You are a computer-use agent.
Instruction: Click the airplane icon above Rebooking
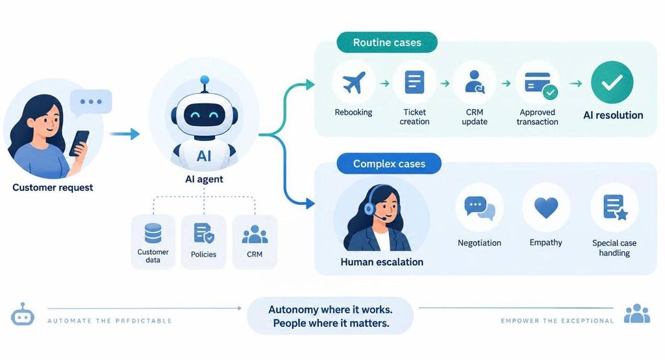354,83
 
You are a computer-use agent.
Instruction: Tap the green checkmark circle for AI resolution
612,83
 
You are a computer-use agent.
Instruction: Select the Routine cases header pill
387,42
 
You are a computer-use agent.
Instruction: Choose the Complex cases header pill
389,164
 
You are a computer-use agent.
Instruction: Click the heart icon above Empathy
546,207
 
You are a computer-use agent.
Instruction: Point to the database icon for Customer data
153,233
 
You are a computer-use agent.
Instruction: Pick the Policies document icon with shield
203,233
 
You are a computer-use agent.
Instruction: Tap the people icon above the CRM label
255,235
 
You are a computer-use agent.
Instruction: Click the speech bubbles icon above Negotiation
480,208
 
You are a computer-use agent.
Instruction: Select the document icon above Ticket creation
414,82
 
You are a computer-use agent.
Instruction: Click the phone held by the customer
79,143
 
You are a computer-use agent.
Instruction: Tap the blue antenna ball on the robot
205,79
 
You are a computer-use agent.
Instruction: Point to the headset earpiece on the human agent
369,208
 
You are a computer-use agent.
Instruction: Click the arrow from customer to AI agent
124,134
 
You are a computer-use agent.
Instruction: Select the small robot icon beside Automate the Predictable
23,315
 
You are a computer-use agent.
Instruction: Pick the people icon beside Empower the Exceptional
637,313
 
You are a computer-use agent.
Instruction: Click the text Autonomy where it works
331,309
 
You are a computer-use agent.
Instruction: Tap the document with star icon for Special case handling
615,207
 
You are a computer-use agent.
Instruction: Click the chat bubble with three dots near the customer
91,102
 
